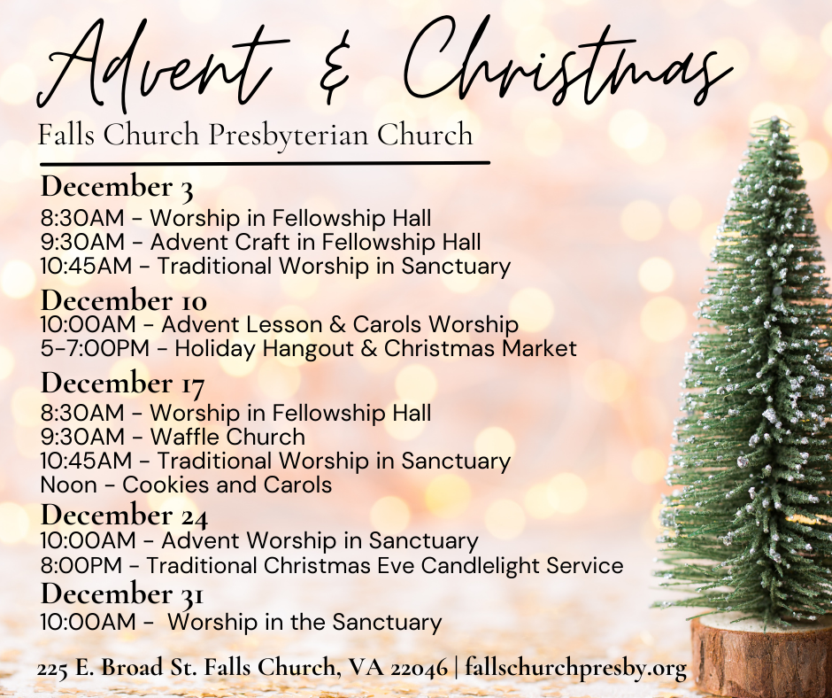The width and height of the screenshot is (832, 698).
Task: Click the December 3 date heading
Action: pos(117,188)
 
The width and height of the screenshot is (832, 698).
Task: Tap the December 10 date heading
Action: pos(124,300)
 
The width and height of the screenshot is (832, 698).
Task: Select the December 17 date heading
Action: pos(122,384)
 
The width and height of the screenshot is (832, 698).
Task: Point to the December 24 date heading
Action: pos(124,515)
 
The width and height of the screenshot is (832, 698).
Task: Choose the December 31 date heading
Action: pos(122,593)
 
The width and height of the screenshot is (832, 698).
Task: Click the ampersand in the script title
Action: pos(335,69)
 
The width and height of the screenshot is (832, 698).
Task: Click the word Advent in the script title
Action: pos(159,66)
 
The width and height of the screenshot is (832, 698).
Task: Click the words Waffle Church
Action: pos(227,437)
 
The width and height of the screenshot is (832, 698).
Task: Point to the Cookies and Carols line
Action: pos(186,485)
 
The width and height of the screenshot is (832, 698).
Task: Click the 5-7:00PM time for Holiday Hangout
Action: pos(95,349)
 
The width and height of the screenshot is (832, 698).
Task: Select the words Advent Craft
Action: pos(220,242)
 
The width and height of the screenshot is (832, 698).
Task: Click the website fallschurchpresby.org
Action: pos(575,668)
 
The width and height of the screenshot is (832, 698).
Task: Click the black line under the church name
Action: pos(265,163)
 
